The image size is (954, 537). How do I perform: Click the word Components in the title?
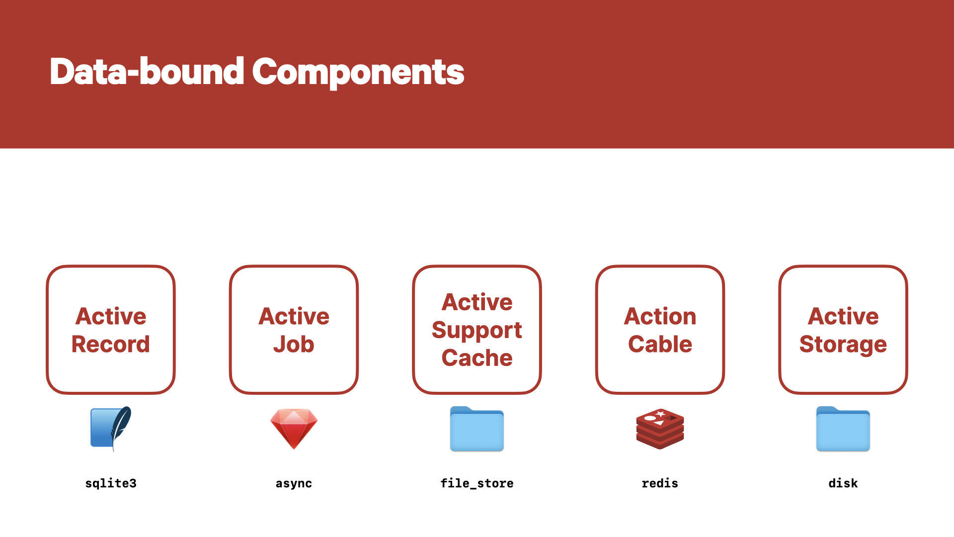pos(358,73)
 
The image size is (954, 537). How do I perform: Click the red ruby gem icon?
pos(294,429)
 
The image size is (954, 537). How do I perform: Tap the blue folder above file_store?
pos(477,429)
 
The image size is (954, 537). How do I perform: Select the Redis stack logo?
pos(660,429)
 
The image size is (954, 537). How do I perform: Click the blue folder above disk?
pos(843,429)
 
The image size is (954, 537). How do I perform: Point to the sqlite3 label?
pos(111,483)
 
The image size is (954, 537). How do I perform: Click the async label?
pos(294,484)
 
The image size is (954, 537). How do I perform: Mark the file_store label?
pos(477,483)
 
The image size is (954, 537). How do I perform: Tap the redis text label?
pos(660,483)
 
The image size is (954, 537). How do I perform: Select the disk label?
pos(843,483)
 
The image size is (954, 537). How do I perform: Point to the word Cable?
pos(660,344)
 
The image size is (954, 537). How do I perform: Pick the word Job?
pos(294,344)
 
